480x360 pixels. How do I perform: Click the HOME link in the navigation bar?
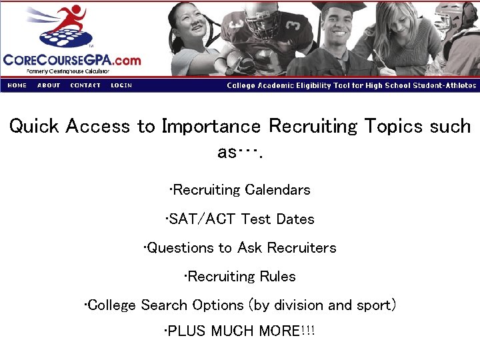click(17, 85)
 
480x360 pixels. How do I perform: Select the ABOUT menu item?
click(49, 85)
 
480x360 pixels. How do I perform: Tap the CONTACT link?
click(85, 85)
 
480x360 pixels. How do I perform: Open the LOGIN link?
click(121, 85)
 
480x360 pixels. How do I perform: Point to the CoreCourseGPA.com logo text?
click(72, 60)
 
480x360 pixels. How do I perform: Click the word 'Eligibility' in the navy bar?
click(307, 85)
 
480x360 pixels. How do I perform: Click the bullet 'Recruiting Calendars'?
click(240, 190)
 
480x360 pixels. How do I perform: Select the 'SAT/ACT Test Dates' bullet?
click(240, 219)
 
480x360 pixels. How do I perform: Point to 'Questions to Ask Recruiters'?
click(240, 248)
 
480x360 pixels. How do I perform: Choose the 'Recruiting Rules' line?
click(240, 276)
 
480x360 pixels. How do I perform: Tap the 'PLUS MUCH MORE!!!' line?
click(240, 331)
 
